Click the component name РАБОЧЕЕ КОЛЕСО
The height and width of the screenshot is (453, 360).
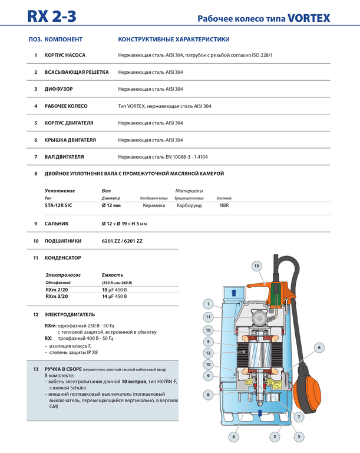pos(66,106)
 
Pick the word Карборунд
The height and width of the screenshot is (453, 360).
pos(189,205)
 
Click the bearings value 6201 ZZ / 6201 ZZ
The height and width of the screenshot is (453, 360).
pos(122,241)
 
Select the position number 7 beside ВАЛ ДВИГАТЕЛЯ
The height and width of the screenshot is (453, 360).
pos(36,157)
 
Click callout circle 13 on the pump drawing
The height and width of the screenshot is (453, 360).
pos(256,267)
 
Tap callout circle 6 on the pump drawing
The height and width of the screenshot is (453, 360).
pos(319,348)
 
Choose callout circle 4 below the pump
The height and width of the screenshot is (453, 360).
pos(233,437)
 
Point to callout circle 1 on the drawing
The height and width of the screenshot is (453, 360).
pos(207,304)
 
